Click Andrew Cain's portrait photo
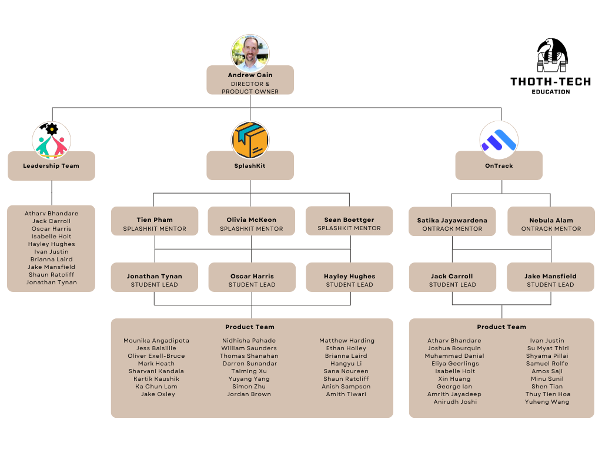(250, 53)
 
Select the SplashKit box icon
(250, 140)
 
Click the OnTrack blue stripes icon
(499, 140)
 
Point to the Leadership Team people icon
(51, 140)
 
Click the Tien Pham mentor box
(155, 224)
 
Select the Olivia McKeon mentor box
(252, 224)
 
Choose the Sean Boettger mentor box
(349, 224)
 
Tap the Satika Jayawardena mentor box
(452, 224)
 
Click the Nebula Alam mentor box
(551, 224)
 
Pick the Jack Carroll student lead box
(452, 280)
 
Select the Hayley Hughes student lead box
(349, 280)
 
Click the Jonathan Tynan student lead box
(155, 280)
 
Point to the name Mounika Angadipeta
(156, 341)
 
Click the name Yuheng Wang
(547, 402)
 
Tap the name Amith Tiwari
(346, 394)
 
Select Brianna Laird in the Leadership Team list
(51, 260)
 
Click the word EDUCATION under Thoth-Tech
(551, 92)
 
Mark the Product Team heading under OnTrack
(501, 327)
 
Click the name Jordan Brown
(249, 394)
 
